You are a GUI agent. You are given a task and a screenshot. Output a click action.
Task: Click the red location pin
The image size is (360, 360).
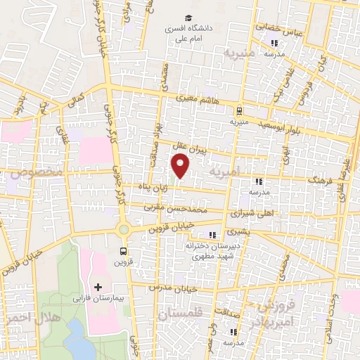(x=181, y=166)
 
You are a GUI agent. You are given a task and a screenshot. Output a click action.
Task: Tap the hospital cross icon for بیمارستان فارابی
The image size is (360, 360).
(x=98, y=287)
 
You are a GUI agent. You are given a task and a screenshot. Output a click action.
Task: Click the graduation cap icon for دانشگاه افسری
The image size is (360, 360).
(x=188, y=18)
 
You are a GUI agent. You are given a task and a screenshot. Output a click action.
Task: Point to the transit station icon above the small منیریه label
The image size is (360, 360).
(x=240, y=110)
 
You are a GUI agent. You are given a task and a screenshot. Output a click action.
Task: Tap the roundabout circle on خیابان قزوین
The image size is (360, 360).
(x=124, y=229)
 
